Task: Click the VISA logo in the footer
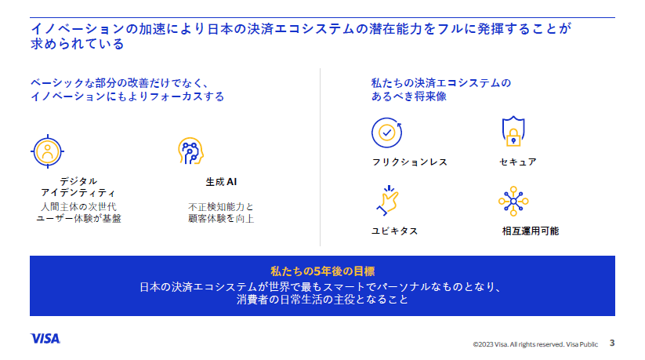coord(45,338)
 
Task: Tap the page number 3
coord(611,342)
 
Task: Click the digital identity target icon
coord(48,149)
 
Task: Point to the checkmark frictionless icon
coord(386,133)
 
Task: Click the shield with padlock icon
coord(512,133)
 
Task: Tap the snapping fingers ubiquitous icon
coord(386,200)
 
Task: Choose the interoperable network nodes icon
coord(513,201)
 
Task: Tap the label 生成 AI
coord(221,182)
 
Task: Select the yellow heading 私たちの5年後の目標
coord(322,271)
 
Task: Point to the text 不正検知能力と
coord(221,206)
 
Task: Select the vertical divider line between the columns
coord(321,157)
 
